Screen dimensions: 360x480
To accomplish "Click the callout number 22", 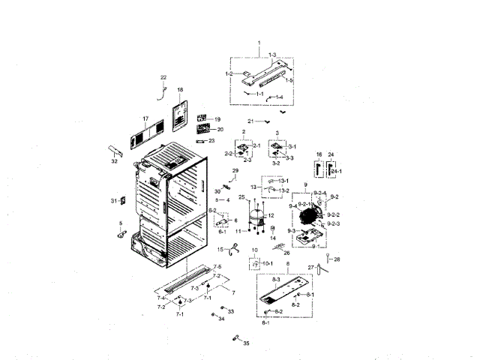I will coord(163,77).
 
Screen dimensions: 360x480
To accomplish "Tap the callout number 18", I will coord(180,90).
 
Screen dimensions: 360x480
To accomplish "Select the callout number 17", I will coord(146,118).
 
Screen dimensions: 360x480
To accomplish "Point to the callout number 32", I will coord(114,160).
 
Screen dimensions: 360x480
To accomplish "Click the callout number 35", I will coord(246,342).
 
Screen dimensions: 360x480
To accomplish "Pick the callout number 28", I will coord(337,259).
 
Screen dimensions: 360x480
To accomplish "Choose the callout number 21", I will coord(252,121).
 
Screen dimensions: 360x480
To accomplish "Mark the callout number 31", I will coord(113,201).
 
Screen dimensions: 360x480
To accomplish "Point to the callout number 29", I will coord(235,172).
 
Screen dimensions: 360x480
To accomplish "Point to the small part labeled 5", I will coord(119,235).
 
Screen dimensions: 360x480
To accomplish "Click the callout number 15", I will coord(220,249).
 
